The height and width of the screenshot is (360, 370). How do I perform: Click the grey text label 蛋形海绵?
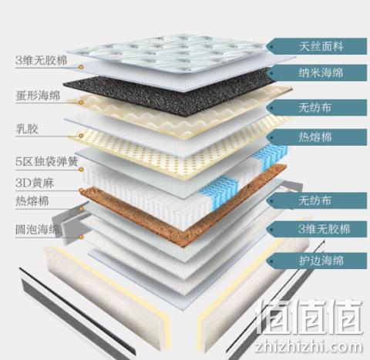pos(38,96)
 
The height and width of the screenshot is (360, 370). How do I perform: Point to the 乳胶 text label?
pos(27,129)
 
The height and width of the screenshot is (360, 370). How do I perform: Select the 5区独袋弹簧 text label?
pos(46,162)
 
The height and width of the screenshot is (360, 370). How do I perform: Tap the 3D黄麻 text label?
pos(35,183)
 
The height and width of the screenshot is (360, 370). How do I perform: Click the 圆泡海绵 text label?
pos(39,229)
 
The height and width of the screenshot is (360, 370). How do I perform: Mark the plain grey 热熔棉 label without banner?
pos(32,201)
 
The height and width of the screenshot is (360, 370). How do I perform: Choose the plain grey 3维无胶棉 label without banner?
pos(41,61)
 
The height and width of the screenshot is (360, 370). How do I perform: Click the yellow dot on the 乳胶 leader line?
pos(81,136)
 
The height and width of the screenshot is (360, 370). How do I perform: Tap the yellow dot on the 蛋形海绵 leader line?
pos(81,103)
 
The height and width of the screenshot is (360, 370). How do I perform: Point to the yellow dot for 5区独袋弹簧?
pos(81,169)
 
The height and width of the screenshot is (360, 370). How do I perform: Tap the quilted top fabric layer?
pos(167,52)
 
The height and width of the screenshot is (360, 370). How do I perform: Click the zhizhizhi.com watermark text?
pos(308,347)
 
